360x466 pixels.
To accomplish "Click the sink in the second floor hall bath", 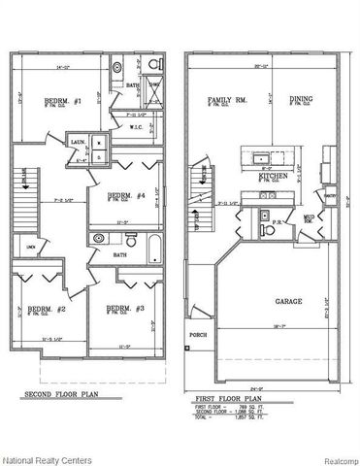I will pos(98,238).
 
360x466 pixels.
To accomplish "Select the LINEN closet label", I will pos(31,248).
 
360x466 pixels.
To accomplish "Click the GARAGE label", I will pos(289,302).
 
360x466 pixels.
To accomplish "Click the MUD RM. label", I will pos(308,221).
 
